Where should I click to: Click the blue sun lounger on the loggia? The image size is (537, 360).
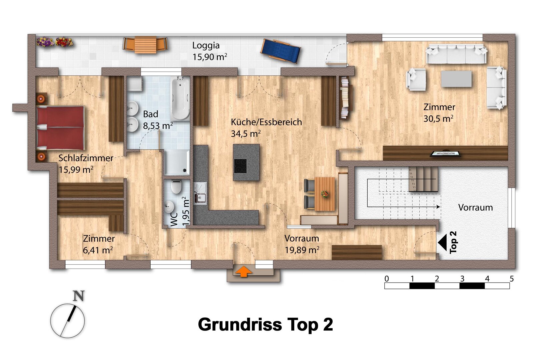[x=280, y=51]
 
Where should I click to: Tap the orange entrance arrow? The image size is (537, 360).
[x=243, y=271]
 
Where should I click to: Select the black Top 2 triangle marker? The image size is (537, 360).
[x=442, y=242]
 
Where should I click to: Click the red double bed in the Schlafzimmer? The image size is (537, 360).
[x=61, y=128]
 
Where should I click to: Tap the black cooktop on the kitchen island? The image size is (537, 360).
[x=240, y=166]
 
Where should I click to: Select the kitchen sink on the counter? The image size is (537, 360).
[x=200, y=193]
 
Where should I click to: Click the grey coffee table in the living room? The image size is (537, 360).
[x=456, y=79]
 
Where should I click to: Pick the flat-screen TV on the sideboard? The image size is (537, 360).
[x=445, y=153]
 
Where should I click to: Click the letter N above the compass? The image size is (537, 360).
[x=79, y=296]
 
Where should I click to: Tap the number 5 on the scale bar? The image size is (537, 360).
[x=512, y=279]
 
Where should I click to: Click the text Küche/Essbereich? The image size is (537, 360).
[x=266, y=122]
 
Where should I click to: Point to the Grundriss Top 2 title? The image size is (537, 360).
[x=265, y=325]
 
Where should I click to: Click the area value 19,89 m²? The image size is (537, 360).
[x=302, y=250]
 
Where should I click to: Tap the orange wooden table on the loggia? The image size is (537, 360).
[x=145, y=45]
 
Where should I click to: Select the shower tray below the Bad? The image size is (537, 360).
[x=177, y=163]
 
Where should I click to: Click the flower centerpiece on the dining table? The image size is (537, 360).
[x=325, y=194]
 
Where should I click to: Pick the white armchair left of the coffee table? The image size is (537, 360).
[x=416, y=79]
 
